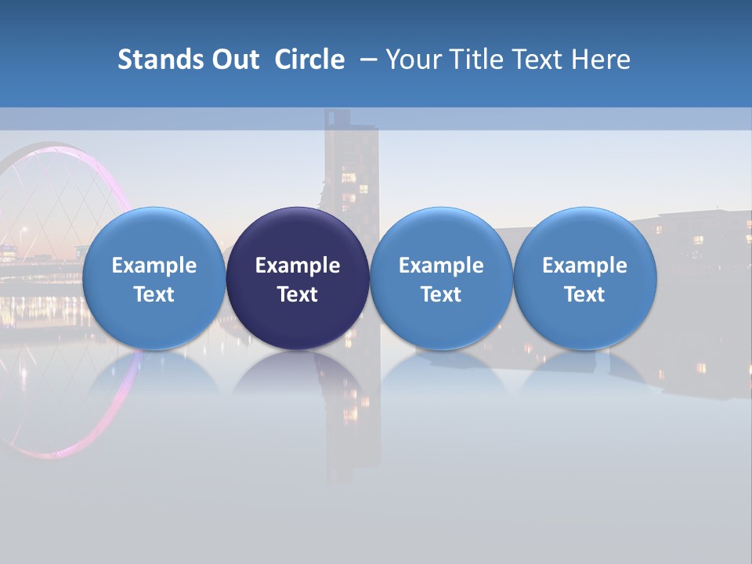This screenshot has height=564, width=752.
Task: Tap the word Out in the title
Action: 233,60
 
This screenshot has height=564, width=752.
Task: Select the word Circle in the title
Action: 309,60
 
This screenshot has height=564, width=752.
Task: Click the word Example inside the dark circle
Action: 298,266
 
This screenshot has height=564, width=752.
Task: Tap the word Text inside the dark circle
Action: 298,295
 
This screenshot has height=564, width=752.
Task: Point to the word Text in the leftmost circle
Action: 154,295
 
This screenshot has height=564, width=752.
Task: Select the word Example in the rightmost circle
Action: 585,266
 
